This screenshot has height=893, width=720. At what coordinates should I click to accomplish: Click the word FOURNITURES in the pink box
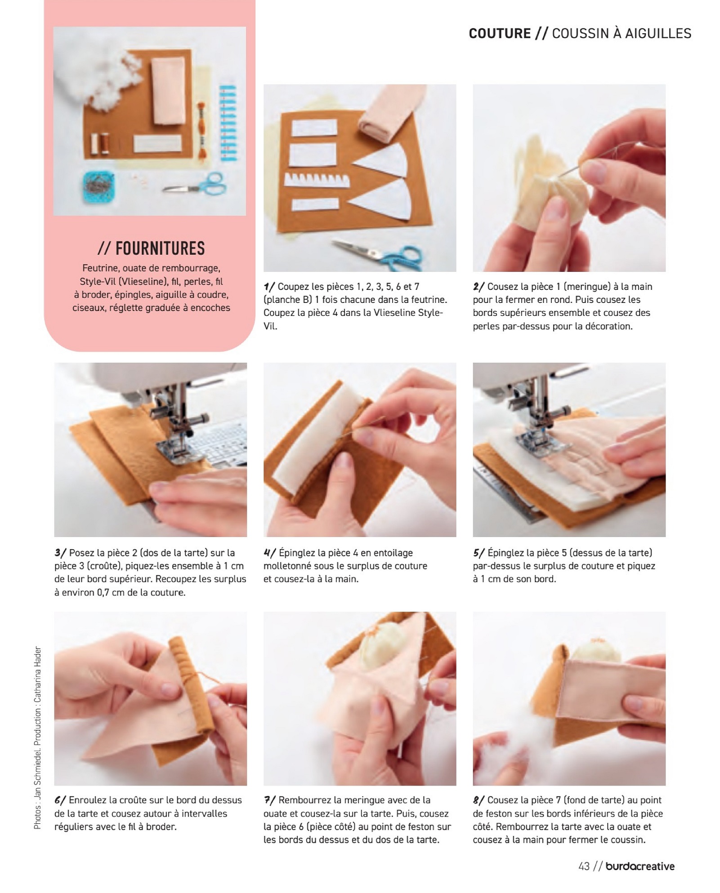(160, 248)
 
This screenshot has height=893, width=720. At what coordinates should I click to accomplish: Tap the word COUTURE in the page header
(500, 34)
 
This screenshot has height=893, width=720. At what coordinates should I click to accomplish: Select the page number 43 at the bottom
(584, 866)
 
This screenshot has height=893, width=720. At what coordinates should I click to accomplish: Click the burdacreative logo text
(640, 866)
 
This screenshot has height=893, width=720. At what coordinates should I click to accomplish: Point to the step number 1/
(269, 287)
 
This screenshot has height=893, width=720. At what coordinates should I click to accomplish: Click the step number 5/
(479, 553)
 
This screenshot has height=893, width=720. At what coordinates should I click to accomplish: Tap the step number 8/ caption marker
(479, 800)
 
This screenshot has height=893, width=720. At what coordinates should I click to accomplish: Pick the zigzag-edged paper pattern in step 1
(317, 180)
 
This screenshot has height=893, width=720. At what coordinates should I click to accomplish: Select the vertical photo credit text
(37, 738)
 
